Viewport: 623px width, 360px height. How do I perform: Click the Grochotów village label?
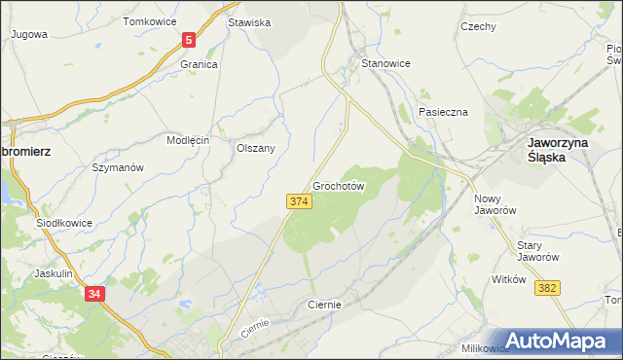point(339,185)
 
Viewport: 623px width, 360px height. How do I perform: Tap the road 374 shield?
point(299,200)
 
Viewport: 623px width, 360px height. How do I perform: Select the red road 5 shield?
point(189,41)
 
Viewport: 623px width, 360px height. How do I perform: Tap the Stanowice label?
point(385,63)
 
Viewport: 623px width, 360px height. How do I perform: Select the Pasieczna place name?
point(444,112)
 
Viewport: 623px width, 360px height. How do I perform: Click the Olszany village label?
point(256,148)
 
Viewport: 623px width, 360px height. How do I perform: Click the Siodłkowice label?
point(64,223)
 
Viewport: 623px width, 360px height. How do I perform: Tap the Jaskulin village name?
point(54,273)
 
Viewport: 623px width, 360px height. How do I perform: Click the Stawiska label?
point(249,21)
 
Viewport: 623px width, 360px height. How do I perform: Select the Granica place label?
point(198,64)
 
